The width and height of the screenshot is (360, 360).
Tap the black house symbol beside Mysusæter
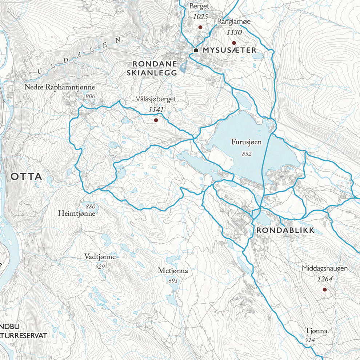click(196, 50)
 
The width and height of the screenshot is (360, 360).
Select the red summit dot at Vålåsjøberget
click(156, 120)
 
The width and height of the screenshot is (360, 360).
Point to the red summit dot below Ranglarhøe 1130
click(234, 43)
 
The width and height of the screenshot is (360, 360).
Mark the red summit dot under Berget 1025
click(200, 27)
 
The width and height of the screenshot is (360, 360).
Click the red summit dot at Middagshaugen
click(324, 289)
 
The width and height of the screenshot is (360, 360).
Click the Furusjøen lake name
click(246, 142)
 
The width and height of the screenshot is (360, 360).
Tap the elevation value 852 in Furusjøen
click(247, 154)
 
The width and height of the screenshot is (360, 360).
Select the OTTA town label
click(27, 177)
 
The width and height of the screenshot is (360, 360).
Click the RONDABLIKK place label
click(285, 231)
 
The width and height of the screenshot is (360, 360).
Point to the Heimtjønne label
click(76, 213)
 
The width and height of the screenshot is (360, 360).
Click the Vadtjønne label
click(100, 257)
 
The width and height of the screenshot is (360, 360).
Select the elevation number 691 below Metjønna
click(173, 281)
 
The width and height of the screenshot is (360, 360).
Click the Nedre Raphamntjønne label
click(60, 87)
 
